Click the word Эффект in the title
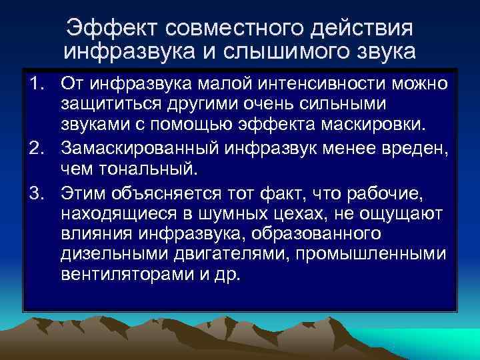[111, 28]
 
